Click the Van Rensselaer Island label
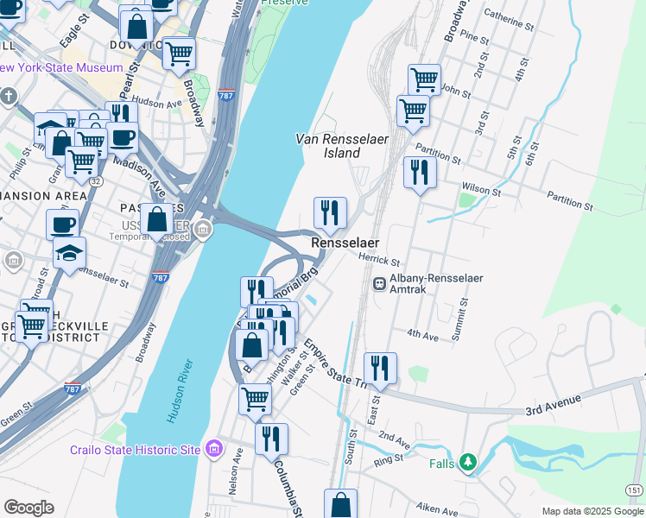click(x=327, y=145)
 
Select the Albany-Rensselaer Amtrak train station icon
click(x=378, y=283)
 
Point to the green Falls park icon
click(x=467, y=463)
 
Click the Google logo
click(x=28, y=508)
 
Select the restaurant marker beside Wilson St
click(x=420, y=173)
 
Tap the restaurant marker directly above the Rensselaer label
click(x=330, y=212)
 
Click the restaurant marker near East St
click(x=380, y=368)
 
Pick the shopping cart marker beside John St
click(x=424, y=80)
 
